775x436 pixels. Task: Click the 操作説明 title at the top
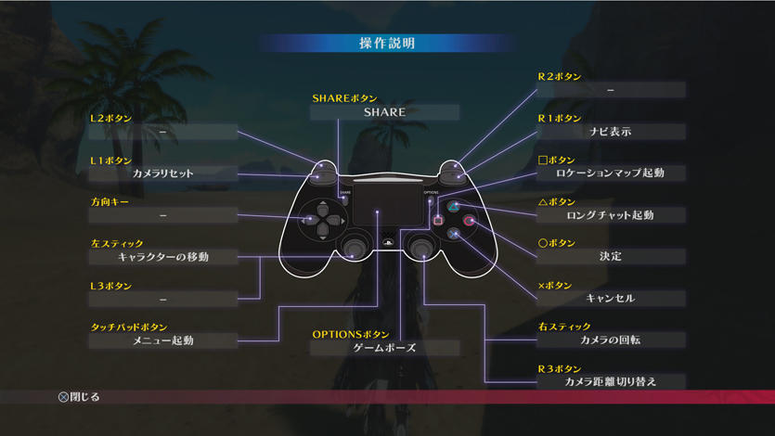click(387, 44)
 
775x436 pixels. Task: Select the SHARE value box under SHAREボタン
click(384, 112)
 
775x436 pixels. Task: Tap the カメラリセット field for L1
click(163, 173)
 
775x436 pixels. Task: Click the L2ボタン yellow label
click(111, 119)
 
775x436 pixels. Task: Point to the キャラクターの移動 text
click(163, 257)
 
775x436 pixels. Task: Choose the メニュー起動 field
click(163, 340)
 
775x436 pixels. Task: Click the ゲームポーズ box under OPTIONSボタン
click(384, 348)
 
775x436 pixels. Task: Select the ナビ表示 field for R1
click(611, 132)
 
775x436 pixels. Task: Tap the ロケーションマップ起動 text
click(611, 173)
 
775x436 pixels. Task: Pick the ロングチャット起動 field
click(611, 215)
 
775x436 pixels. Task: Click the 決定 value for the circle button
click(611, 257)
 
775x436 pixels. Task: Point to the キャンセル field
click(611, 298)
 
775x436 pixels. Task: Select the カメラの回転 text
click(611, 340)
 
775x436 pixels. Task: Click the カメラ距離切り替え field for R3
click(611, 381)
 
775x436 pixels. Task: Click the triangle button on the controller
click(453, 206)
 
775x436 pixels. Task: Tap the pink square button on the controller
click(438, 221)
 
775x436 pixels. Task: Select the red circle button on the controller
click(469, 221)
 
